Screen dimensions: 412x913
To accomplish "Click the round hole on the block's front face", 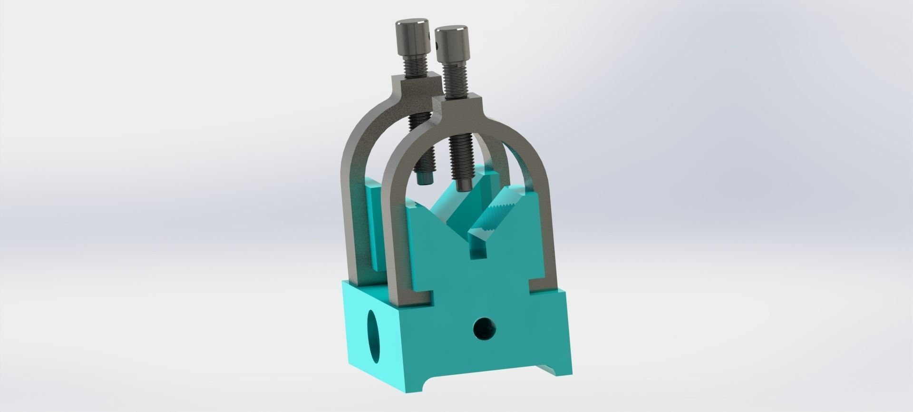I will pos(485,328).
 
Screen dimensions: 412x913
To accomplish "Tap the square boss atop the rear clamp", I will pos(417,86).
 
